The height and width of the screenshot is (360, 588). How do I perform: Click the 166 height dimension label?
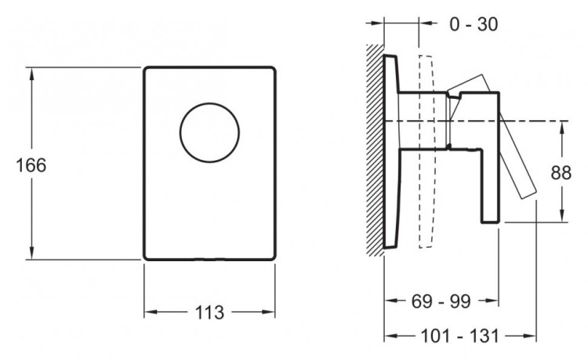click(x=31, y=165)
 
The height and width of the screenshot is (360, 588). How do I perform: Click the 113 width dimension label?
click(x=209, y=312)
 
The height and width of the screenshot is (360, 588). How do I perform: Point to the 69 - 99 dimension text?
click(x=441, y=300)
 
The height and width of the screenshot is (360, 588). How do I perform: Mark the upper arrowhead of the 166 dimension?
click(x=31, y=72)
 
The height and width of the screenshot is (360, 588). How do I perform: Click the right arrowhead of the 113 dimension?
click(x=270, y=312)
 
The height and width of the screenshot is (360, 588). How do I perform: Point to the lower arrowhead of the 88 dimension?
click(x=564, y=217)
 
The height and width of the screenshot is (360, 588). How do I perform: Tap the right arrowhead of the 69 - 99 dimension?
click(x=494, y=300)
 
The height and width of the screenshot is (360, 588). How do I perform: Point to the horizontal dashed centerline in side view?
click(x=541, y=121)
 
